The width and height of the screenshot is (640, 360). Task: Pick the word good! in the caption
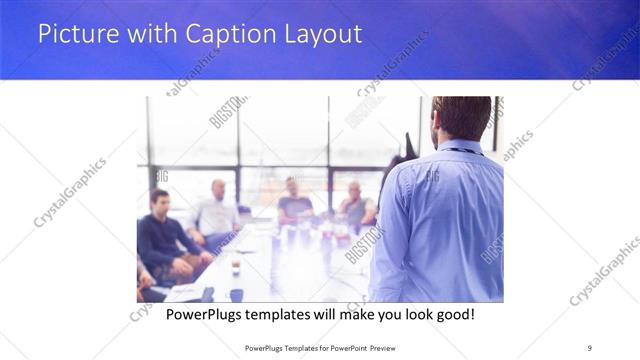pyautogui.click(x=453, y=314)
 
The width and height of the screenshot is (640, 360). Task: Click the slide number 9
pyautogui.click(x=589, y=346)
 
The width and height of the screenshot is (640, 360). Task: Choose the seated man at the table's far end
pyautogui.click(x=294, y=200)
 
